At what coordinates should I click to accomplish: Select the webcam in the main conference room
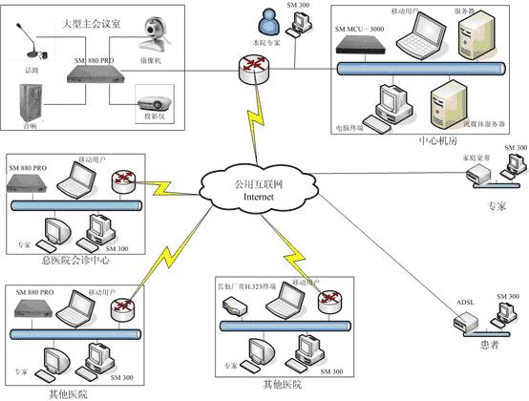(x=156, y=34)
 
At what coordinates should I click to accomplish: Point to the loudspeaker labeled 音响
(x=34, y=105)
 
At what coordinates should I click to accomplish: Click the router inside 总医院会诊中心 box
(x=121, y=181)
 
